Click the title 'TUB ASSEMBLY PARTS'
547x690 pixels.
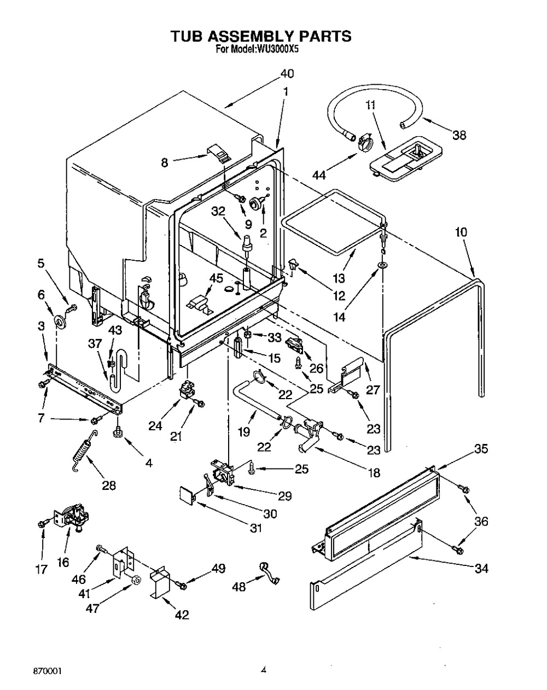(260, 36)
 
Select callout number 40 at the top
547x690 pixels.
(287, 73)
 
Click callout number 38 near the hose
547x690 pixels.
(459, 135)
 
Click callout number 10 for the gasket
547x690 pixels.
(461, 232)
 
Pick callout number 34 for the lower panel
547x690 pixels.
(481, 569)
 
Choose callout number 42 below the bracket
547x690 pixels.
(182, 615)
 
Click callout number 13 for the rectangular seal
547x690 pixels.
(339, 278)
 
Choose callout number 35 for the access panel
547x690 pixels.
(481, 449)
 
